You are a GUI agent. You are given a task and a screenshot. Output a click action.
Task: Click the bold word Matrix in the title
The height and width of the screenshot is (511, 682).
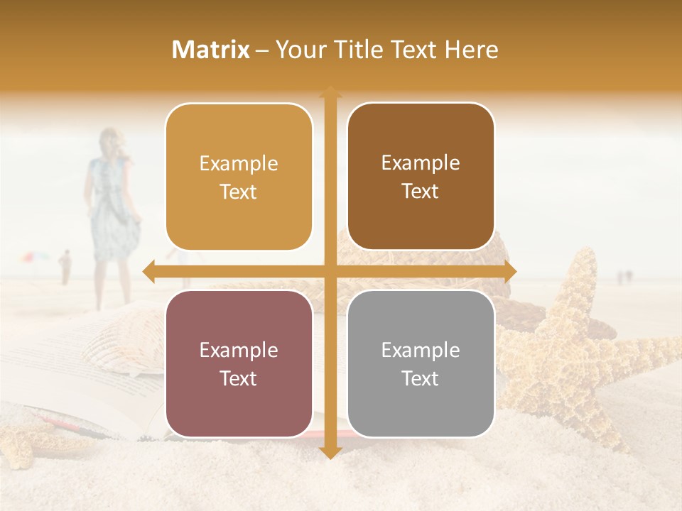[x=211, y=50]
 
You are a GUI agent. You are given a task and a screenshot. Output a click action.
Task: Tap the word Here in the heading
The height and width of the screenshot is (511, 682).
[x=471, y=50]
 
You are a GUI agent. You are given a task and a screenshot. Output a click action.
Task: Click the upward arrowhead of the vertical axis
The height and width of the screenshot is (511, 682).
[x=330, y=92]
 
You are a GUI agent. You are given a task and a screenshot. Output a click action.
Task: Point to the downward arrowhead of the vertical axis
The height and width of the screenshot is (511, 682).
[x=330, y=452]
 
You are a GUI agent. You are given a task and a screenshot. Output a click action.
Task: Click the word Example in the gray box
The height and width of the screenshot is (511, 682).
[x=421, y=350]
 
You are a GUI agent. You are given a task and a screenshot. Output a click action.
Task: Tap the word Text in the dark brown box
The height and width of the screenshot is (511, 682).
[x=421, y=192]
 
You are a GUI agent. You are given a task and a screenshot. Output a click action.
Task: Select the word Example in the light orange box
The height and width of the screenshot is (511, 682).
[x=239, y=163]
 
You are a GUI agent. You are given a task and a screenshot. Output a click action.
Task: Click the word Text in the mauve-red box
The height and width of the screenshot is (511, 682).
[x=239, y=378]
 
